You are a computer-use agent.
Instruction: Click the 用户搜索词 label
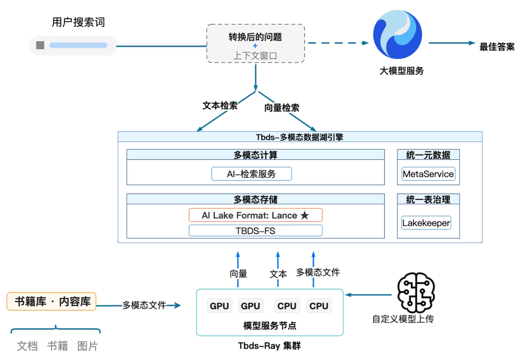[x=78, y=22]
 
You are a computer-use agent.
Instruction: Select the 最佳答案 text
[x=497, y=47]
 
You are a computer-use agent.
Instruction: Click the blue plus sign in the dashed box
[x=255, y=46]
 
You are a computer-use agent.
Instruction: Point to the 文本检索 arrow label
[x=220, y=106]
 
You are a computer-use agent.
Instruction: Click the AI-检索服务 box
[x=251, y=174]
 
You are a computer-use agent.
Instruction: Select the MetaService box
[x=428, y=174]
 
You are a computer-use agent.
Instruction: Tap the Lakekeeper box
[x=426, y=223]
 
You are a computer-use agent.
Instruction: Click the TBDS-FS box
[x=255, y=230]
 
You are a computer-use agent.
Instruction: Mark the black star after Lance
[x=304, y=215]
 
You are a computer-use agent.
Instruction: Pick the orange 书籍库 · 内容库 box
[x=52, y=302]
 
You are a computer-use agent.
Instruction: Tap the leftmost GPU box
[x=219, y=306]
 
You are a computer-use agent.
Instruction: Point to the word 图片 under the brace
[x=88, y=346]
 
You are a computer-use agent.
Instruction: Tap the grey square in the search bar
[x=40, y=45]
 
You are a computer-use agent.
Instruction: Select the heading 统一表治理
[x=428, y=199]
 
